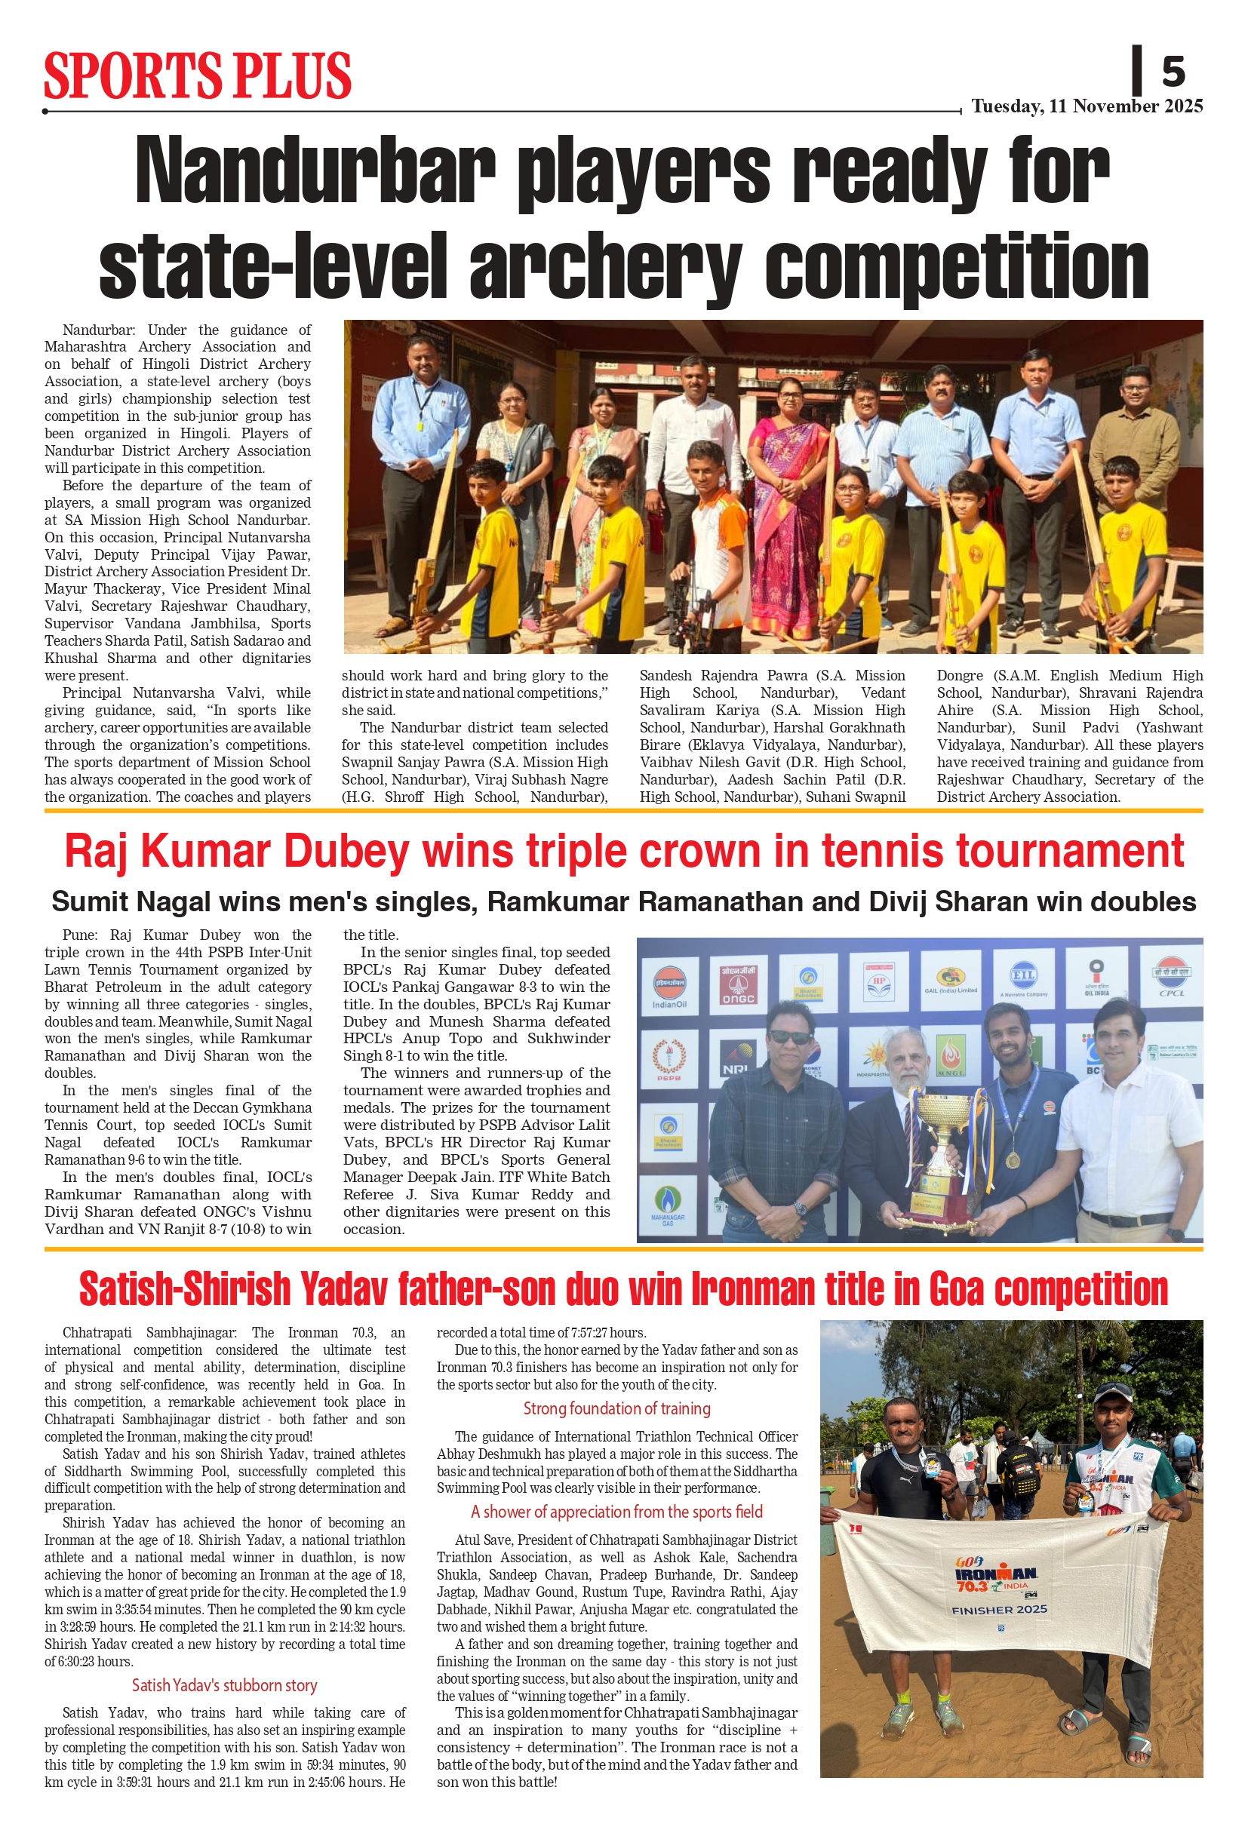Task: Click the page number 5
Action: pos(1173,72)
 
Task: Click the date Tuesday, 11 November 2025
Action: pos(1087,106)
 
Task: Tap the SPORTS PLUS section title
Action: pos(198,75)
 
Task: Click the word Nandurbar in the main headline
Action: pos(315,171)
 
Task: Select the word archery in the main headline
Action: pos(606,267)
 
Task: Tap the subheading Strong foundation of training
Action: pos(616,1408)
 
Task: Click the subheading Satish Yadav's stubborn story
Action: pos(224,1684)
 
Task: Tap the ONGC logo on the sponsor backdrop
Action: pos(738,984)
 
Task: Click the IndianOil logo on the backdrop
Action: pos(669,987)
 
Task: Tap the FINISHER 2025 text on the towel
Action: pos(999,1609)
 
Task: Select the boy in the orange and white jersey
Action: pos(705,519)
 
